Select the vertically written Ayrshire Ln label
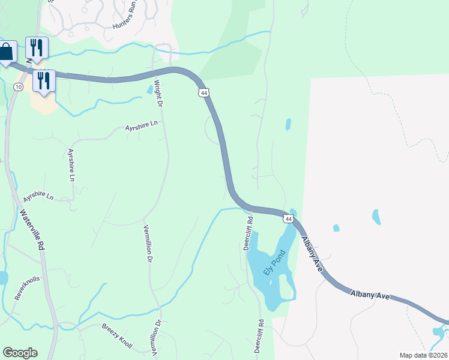tap(71, 164)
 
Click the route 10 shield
tap(19, 87)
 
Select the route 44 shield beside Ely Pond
tap(289, 219)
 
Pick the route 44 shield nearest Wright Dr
tap(204, 92)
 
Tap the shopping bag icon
tap(6, 52)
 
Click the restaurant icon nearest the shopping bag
tap(37, 47)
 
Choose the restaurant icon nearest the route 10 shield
tap(44, 80)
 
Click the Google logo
tap(20, 353)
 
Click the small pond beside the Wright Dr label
tap(149, 90)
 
